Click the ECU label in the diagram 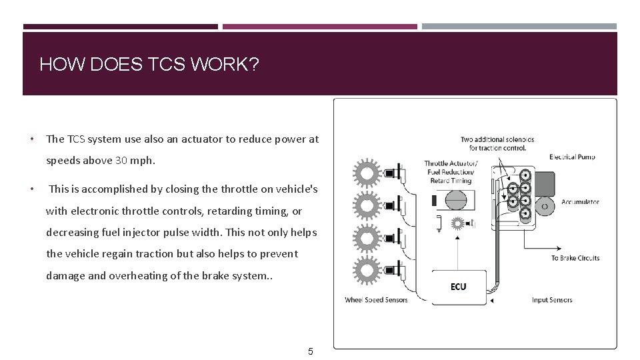pos(458,287)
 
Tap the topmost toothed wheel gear pos(366,173)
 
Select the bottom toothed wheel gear pos(366,271)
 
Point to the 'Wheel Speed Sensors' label pos(376,300)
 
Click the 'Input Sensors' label pos(552,300)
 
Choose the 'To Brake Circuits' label pos(575,258)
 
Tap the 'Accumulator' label pos(580,202)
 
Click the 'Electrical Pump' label pos(572,157)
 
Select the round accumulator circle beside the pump pos(545,207)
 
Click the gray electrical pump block pos(544,182)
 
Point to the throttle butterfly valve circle pos(457,200)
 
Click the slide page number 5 pos(310,351)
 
